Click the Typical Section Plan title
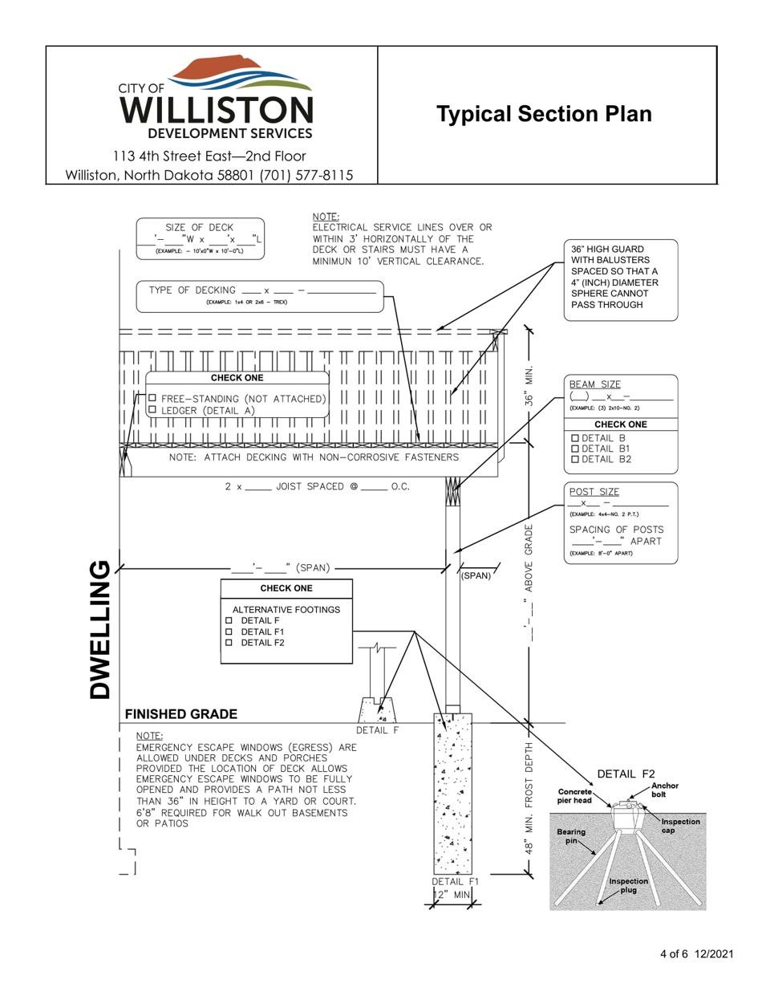point(544,114)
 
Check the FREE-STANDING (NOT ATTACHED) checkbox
point(151,398)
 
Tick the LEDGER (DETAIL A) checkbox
point(151,410)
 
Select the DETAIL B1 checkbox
point(574,448)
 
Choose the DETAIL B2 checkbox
point(574,459)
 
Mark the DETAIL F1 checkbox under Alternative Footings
point(229,632)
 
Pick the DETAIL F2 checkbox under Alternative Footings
point(229,643)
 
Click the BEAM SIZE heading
point(594,384)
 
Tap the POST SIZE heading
point(594,491)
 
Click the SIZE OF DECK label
point(200,227)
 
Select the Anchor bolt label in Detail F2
point(665,790)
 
